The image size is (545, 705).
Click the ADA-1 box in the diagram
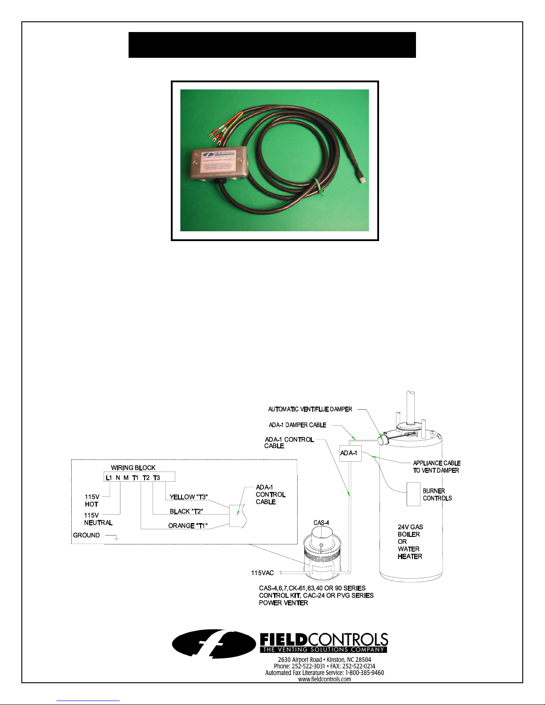pyautogui.click(x=350, y=453)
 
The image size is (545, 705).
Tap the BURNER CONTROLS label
pyautogui.click(x=437, y=495)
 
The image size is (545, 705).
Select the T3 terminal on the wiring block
pyautogui.click(x=157, y=478)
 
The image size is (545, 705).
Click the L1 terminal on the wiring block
pyautogui.click(x=109, y=478)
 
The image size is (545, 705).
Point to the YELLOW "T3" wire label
pyautogui.click(x=189, y=497)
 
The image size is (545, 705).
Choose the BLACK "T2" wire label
pyautogui.click(x=186, y=512)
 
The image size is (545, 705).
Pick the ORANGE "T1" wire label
pyautogui.click(x=188, y=526)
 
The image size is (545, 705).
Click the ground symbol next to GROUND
pyautogui.click(x=116, y=539)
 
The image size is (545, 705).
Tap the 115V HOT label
pyautogui.click(x=92, y=500)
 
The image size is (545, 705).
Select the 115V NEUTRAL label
pyautogui.click(x=98, y=519)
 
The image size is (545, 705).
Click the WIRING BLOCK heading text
pyautogui.click(x=133, y=468)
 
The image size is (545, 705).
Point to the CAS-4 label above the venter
pyautogui.click(x=321, y=523)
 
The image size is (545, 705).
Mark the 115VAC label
pyautogui.click(x=262, y=573)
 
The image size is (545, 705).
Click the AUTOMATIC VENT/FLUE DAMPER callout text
pyautogui.click(x=310, y=409)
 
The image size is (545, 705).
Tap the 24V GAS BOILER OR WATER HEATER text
pyautogui.click(x=410, y=542)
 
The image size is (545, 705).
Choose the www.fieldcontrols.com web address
pyautogui.click(x=324, y=679)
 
